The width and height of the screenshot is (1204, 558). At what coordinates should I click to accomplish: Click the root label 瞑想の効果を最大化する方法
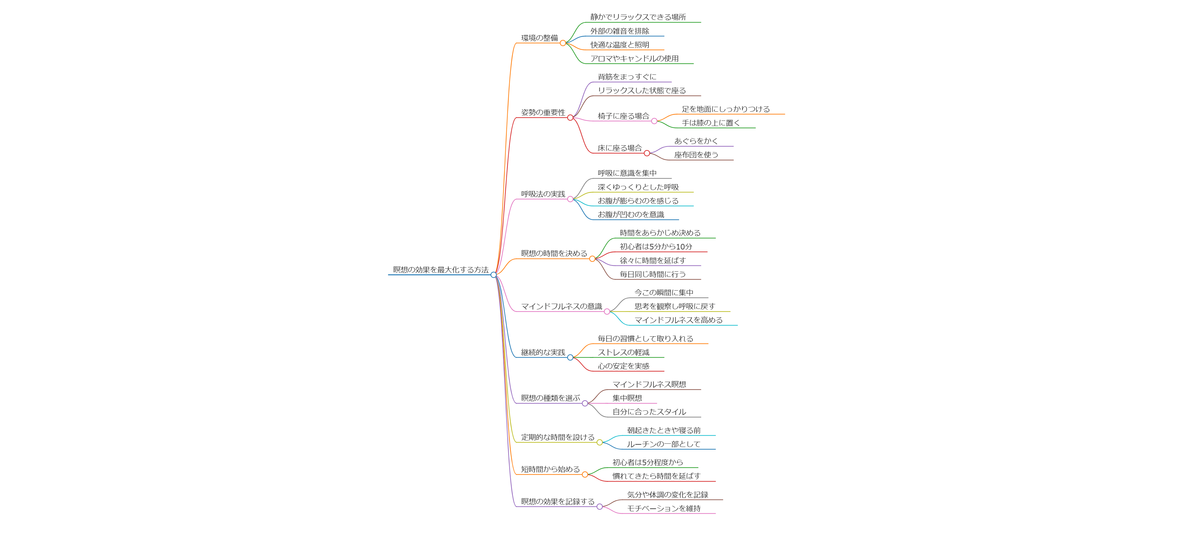coord(440,270)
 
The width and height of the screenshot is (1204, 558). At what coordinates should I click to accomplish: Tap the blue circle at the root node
coord(494,275)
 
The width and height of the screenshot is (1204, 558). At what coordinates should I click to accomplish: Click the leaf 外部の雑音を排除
coord(619,31)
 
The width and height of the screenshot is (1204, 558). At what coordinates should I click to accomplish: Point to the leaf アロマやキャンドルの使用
coord(634,58)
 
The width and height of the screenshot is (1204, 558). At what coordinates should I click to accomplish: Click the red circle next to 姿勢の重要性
coord(570,118)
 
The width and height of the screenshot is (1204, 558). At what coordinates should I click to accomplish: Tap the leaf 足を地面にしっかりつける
coord(725,109)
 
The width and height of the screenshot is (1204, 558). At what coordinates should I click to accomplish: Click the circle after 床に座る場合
coord(647,153)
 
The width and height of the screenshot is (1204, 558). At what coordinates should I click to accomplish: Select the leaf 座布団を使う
coord(696,155)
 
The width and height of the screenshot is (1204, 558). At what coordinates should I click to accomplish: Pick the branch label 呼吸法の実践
coord(543,194)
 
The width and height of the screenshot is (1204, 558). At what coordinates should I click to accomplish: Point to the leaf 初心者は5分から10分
coord(656,247)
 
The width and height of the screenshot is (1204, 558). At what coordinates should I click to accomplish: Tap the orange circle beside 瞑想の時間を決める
coord(592,259)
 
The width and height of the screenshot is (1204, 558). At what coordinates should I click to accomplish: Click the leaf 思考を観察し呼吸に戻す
coord(674,306)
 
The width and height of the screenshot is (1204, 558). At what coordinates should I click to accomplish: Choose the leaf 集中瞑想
coord(627,398)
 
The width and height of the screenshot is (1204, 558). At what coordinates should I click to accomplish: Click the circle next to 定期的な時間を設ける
coord(600,442)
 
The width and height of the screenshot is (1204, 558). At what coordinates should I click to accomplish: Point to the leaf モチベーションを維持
coord(664,508)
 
